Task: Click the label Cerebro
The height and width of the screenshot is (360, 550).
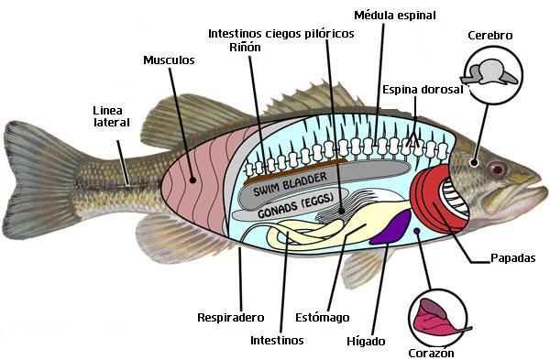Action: coord(489,36)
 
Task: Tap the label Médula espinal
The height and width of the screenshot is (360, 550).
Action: coord(394,15)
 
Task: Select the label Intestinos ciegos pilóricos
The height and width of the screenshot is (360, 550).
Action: coord(280,33)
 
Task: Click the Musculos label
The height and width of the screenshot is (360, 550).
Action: coord(169,60)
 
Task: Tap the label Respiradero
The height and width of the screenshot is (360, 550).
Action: coord(231,318)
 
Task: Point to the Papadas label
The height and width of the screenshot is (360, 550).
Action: coord(512,258)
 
